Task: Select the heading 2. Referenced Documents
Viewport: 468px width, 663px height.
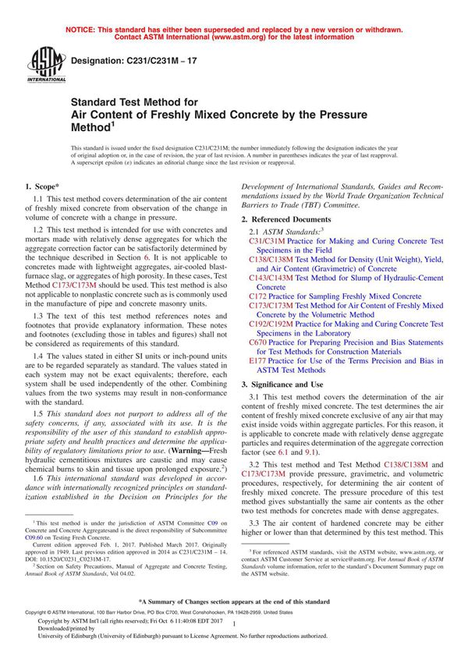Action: pos(287,221)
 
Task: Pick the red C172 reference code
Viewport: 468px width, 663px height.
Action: pos(257,296)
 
